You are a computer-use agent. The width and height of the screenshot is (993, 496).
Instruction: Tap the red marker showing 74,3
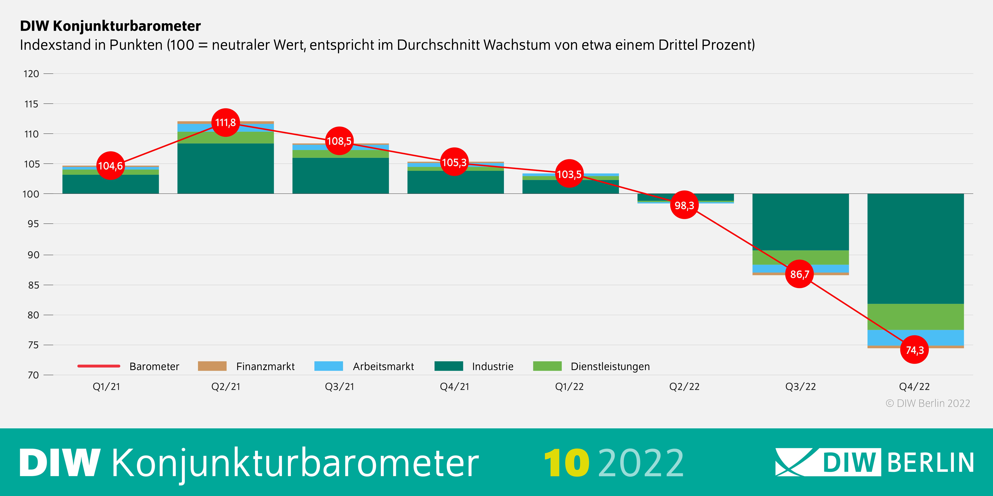click(x=914, y=350)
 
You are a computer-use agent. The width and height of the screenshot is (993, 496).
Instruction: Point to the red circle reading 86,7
click(x=799, y=274)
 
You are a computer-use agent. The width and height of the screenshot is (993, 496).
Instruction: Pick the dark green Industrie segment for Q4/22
click(x=916, y=248)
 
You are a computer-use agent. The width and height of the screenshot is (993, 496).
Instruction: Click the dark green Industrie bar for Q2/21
click(x=225, y=168)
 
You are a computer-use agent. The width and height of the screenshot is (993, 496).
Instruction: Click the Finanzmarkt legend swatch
click(x=212, y=366)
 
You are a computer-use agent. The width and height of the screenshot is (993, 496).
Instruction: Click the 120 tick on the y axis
click(x=31, y=74)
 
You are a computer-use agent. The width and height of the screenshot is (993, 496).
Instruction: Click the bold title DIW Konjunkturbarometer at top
click(x=110, y=26)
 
